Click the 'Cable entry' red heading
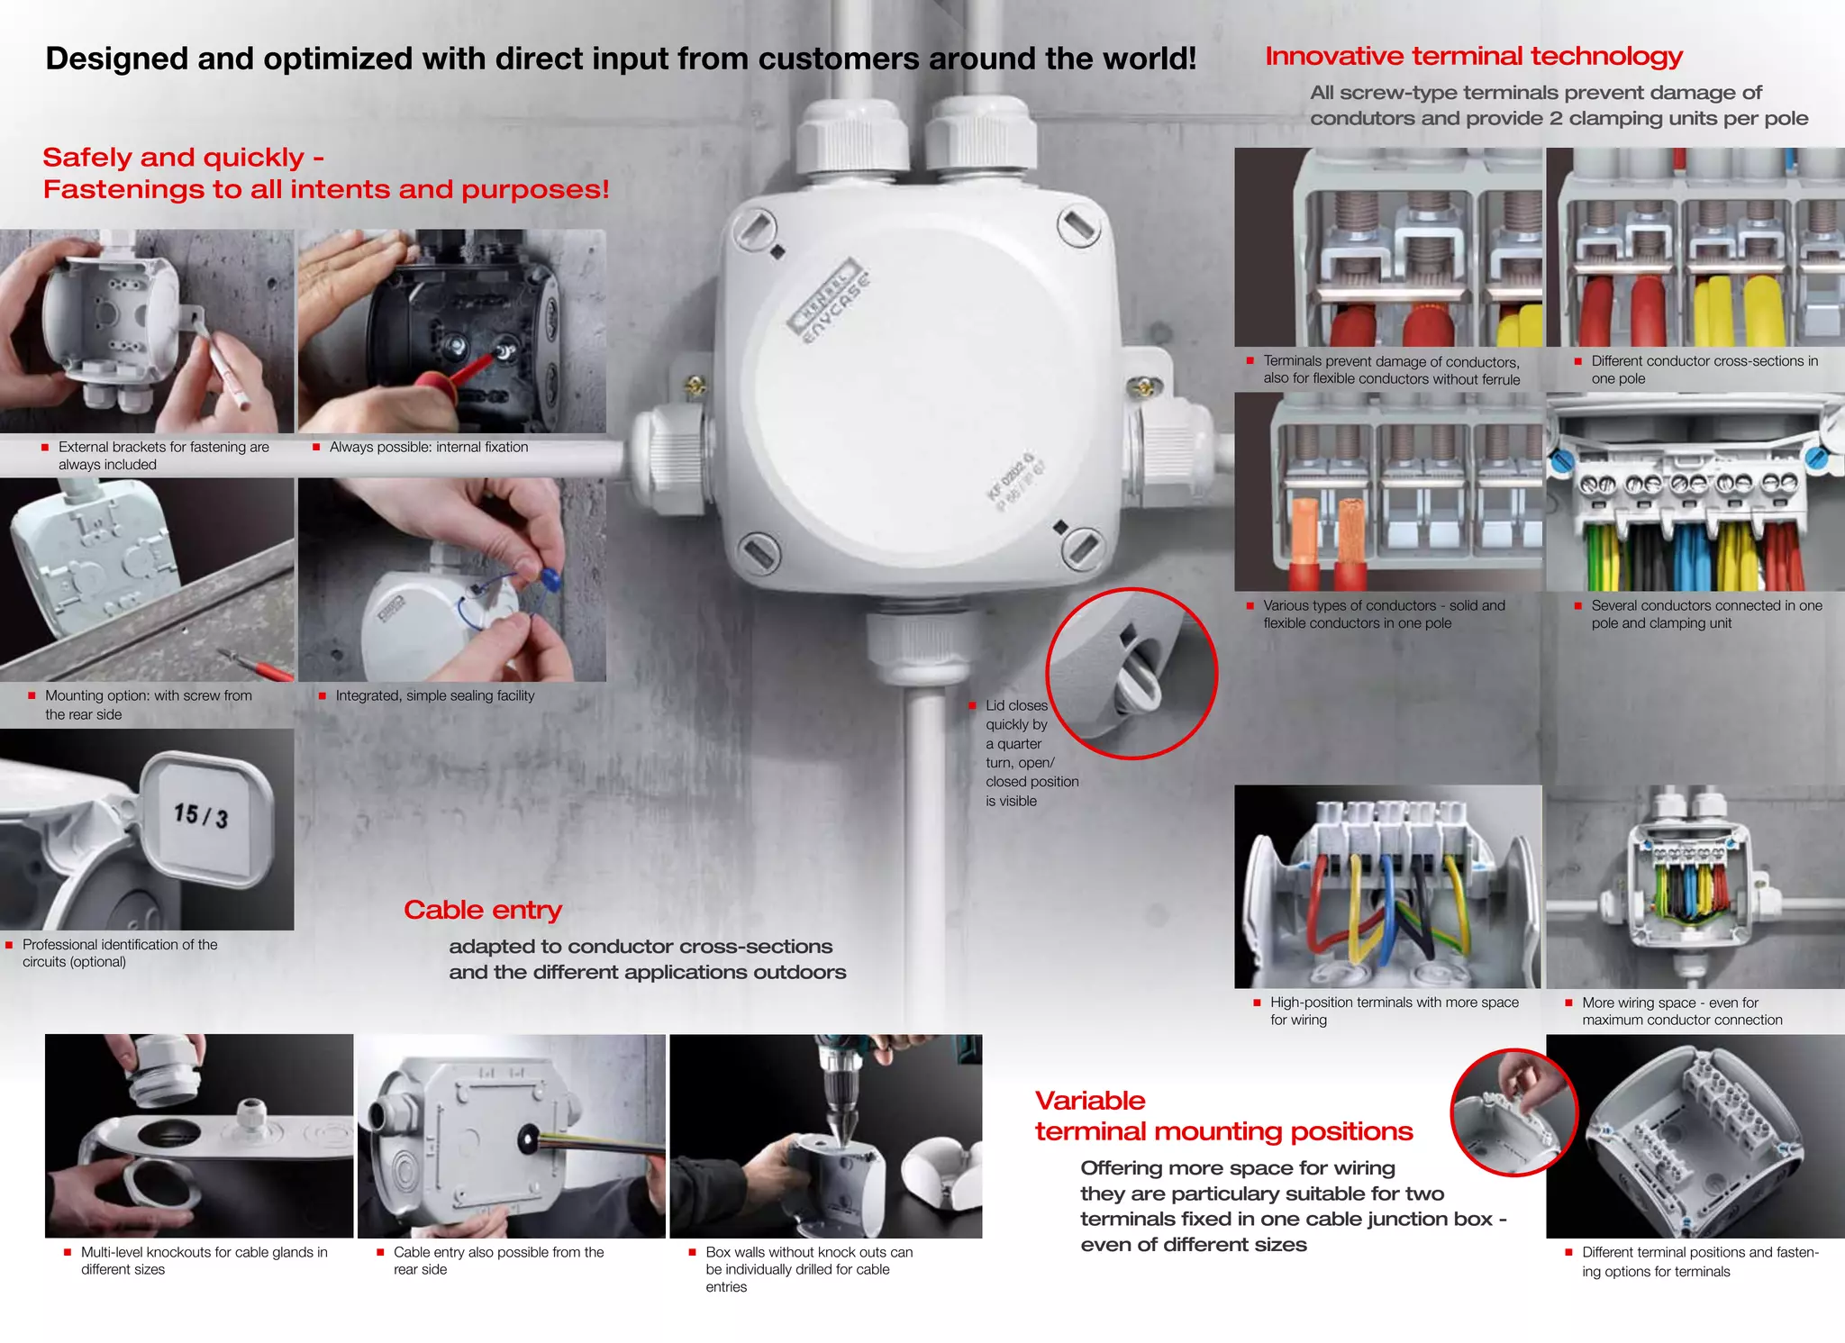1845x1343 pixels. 482,910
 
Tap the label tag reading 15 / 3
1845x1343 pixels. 202,815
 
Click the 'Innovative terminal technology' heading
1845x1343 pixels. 1473,56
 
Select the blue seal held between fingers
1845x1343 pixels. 550,578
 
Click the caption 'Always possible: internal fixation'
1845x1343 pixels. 428,447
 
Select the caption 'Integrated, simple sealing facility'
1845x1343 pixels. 434,695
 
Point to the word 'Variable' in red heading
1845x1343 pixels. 1090,1100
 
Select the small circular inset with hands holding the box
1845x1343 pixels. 1513,1112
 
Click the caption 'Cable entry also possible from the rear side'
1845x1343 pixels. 497,1260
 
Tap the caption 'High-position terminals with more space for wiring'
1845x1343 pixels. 1393,1011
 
